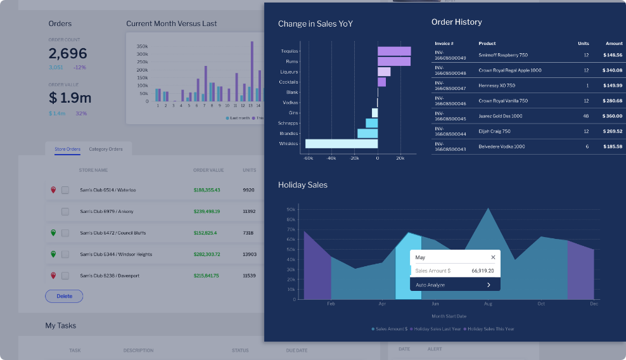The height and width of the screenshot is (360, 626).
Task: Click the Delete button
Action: tap(64, 296)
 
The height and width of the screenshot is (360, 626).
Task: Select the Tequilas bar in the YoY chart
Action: tap(394, 51)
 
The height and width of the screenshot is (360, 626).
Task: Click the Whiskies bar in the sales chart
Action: tap(342, 144)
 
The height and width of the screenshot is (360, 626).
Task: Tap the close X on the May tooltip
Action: tap(493, 257)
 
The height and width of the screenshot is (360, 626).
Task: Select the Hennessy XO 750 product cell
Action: tap(497, 86)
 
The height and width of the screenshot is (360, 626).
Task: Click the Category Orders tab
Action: tap(106, 150)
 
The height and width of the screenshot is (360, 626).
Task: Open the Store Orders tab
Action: tap(67, 150)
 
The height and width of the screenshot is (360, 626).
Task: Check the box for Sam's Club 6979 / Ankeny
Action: tap(65, 211)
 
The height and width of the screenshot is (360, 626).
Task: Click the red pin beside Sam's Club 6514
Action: tap(53, 190)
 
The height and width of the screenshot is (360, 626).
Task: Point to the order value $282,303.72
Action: tap(207, 254)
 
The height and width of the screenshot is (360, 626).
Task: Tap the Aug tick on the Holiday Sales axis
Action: tap(488, 304)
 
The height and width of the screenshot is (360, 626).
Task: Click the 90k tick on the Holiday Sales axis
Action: tap(291, 209)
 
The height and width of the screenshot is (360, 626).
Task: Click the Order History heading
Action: tap(456, 22)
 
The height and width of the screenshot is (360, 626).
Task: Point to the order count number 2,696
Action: tap(68, 54)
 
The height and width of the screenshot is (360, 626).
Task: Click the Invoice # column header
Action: tap(444, 44)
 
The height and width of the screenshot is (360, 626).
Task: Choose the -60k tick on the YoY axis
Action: tap(309, 158)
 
